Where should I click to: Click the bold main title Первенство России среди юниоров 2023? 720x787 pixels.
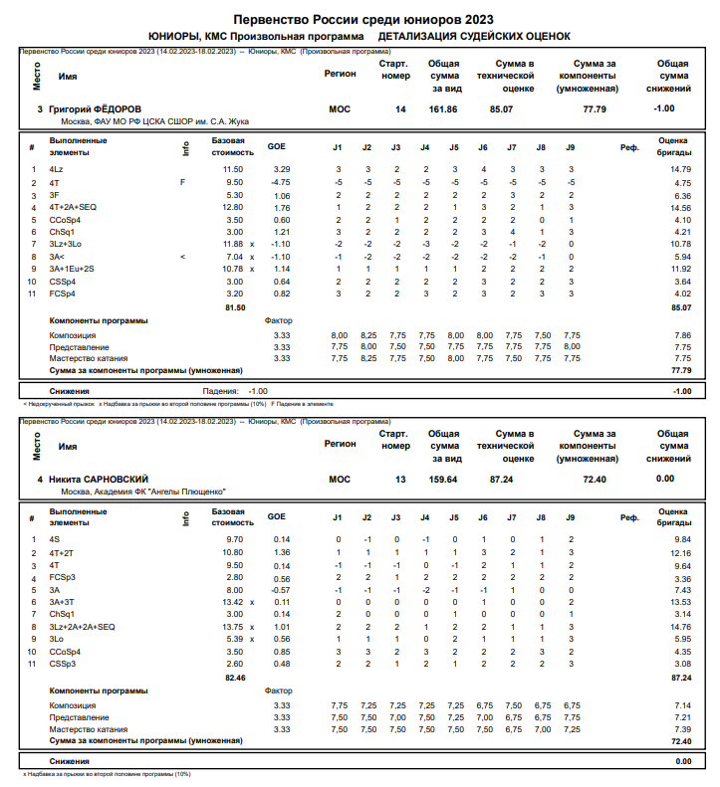pyautogui.click(x=361, y=20)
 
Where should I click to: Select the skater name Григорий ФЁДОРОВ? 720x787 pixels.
pyautogui.click(x=96, y=108)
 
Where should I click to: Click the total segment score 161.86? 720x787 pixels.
pyautogui.click(x=443, y=108)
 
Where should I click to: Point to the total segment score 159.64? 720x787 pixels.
pyautogui.click(x=443, y=479)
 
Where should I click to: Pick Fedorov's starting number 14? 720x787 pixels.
pyautogui.click(x=400, y=108)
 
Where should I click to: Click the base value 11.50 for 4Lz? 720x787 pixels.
pyautogui.click(x=232, y=170)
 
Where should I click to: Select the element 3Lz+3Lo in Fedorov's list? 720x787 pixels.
pyautogui.click(x=67, y=244)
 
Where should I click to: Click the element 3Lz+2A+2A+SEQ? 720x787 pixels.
pyautogui.click(x=82, y=627)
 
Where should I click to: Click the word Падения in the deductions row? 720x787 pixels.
pyautogui.click(x=220, y=391)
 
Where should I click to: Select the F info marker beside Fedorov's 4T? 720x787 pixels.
pyautogui.click(x=182, y=183)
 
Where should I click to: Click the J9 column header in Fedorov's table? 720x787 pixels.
pyautogui.click(x=571, y=147)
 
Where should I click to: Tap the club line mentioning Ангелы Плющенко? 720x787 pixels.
pyautogui.click(x=143, y=492)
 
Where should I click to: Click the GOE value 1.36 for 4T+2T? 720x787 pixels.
pyautogui.click(x=282, y=552)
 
